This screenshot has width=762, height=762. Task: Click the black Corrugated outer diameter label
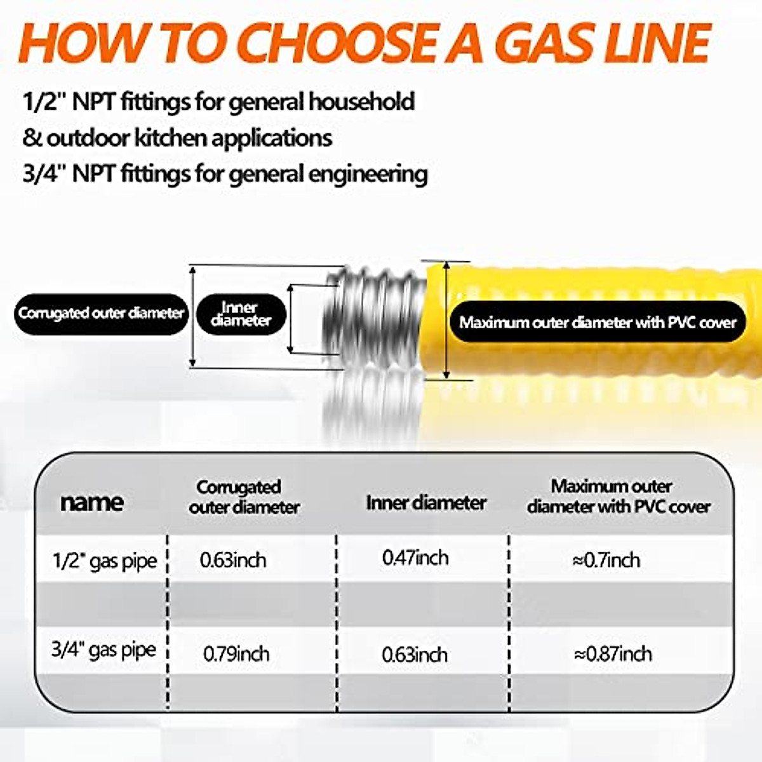(x=102, y=314)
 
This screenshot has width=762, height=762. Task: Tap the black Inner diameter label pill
(x=241, y=315)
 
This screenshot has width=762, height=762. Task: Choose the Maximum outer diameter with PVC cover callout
(x=598, y=323)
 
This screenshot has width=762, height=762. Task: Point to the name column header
(x=91, y=502)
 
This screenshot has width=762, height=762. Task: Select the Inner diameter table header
(x=426, y=503)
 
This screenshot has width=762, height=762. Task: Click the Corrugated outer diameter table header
(x=244, y=497)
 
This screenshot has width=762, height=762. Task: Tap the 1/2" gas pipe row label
(x=104, y=561)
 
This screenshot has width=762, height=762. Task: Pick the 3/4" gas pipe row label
(x=104, y=650)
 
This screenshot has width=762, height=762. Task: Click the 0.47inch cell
(x=415, y=558)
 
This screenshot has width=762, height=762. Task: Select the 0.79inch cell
(x=236, y=654)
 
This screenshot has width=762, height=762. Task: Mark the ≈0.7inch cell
(x=606, y=560)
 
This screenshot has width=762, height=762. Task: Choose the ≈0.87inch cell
(x=613, y=654)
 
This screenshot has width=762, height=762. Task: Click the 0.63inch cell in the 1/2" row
(x=233, y=560)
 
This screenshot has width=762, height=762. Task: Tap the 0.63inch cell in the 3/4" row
(x=415, y=655)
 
